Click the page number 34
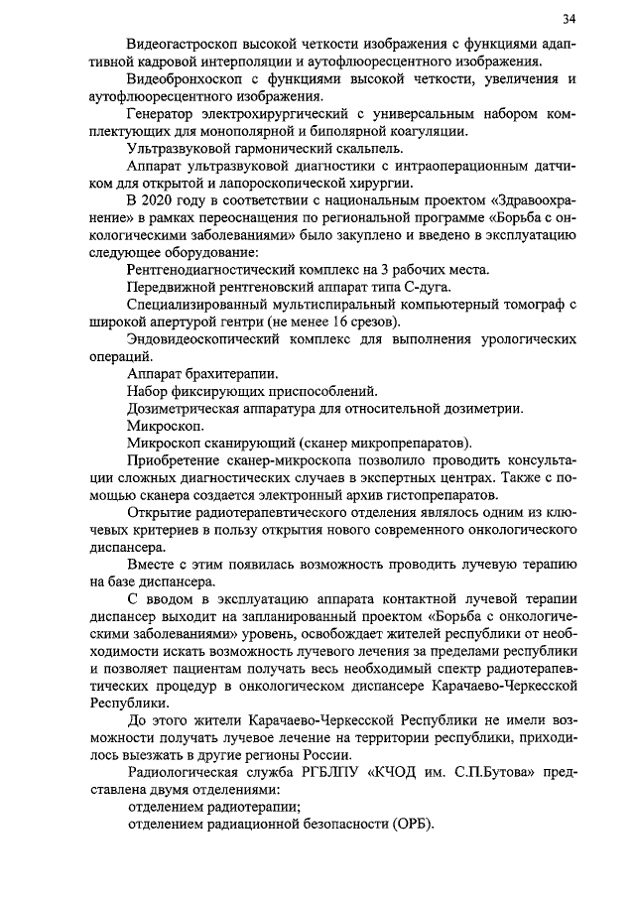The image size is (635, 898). [568, 19]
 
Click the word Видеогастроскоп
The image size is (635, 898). [185, 45]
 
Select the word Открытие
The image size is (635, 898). [160, 512]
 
